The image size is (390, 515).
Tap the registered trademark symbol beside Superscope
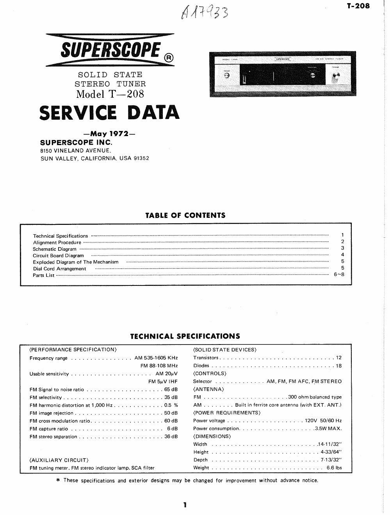click(x=168, y=58)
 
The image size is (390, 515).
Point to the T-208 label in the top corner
click(x=358, y=5)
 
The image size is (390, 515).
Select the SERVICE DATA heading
click(x=110, y=113)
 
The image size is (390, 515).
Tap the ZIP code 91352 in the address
click(x=141, y=158)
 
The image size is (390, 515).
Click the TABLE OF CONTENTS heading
click(x=185, y=215)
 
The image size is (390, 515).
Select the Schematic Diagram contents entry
click(x=55, y=249)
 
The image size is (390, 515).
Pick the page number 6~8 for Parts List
click(x=339, y=275)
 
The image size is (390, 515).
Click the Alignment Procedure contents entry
click(x=57, y=242)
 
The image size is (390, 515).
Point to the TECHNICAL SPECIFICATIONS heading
click(x=185, y=336)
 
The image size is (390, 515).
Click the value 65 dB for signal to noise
click(x=171, y=389)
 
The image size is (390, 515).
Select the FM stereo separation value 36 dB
click(x=171, y=436)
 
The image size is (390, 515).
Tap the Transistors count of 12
click(x=338, y=357)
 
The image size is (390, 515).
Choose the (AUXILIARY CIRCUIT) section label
click(x=59, y=460)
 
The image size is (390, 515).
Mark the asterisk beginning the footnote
click(x=58, y=480)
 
